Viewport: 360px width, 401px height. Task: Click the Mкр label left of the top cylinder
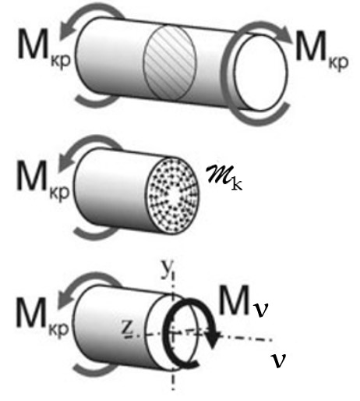pos(44,49)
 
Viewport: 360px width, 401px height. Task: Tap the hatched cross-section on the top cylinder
pos(170,62)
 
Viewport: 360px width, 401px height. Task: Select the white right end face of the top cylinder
pos(261,73)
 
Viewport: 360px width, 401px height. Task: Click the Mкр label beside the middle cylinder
pos(43,181)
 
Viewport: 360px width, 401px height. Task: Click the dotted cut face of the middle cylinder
pos(172,197)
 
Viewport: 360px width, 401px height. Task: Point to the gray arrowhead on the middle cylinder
pos(65,163)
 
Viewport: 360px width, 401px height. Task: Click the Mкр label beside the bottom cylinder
pos(43,318)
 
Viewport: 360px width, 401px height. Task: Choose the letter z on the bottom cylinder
pos(128,328)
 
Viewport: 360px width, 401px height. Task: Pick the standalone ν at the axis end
pos(278,360)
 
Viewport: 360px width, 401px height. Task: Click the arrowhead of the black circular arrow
pos(213,339)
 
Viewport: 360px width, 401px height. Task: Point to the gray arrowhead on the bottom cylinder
pos(65,300)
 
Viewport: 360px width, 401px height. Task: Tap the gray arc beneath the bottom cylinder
pos(93,371)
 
